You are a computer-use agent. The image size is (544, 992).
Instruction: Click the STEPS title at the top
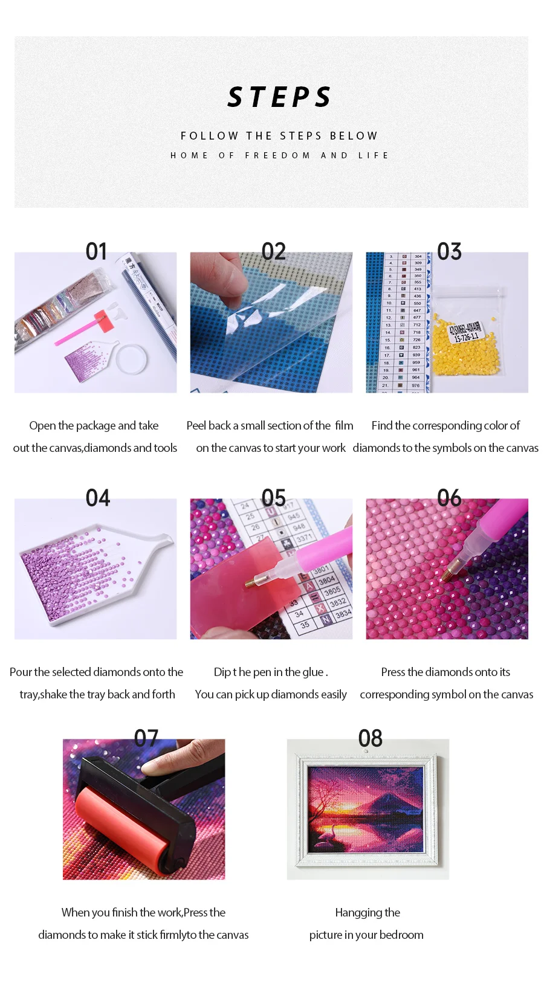279,97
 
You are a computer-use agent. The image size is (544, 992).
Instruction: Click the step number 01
96,251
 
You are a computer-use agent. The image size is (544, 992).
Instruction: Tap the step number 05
273,498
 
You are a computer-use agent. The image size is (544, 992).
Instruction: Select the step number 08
370,738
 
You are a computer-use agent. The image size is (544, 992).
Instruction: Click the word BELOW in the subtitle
354,136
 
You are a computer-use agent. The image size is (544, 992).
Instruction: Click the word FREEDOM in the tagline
277,155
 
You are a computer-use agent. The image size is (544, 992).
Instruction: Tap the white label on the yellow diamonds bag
465,332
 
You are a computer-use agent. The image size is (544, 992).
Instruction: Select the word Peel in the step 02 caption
196,425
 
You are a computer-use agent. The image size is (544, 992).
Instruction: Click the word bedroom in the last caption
401,935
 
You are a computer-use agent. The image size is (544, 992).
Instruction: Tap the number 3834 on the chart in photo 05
343,614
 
